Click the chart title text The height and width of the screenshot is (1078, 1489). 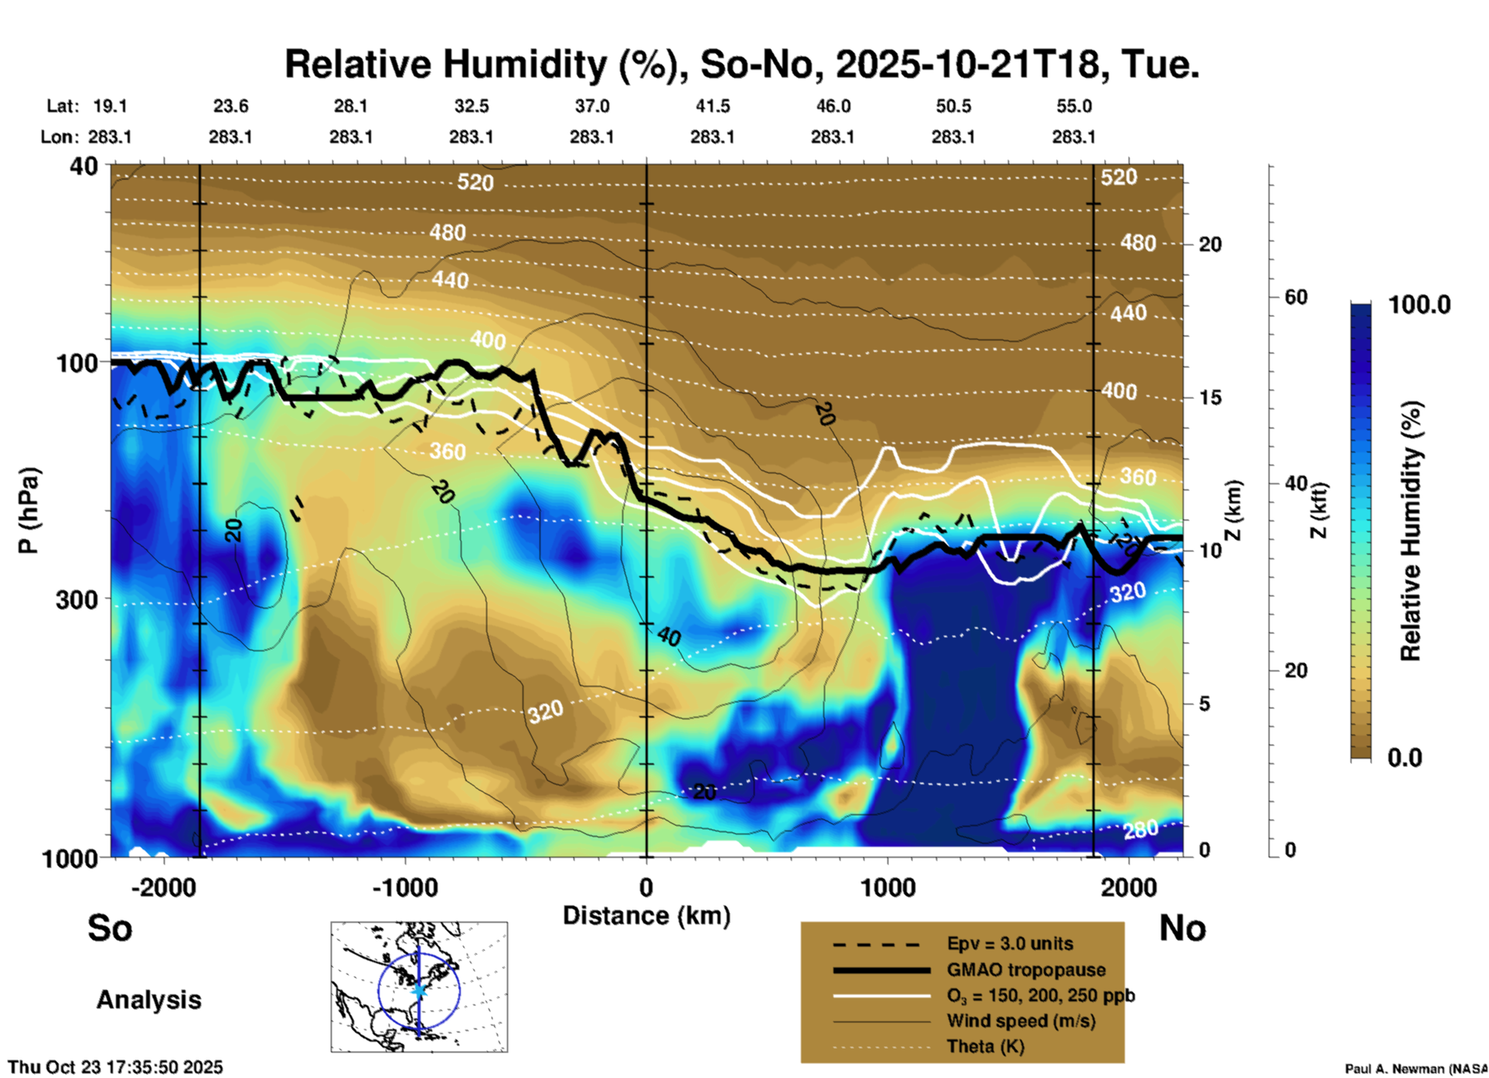tap(741, 63)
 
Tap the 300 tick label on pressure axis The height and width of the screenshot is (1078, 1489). tap(77, 599)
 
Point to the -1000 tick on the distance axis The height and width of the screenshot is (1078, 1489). tap(405, 887)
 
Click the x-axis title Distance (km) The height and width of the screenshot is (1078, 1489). tap(646, 916)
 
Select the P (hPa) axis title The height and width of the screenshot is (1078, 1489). tap(29, 510)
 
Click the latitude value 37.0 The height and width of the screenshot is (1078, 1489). tap(591, 106)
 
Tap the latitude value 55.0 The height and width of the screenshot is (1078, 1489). tap(1074, 106)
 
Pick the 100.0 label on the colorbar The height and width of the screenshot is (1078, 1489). tap(1419, 305)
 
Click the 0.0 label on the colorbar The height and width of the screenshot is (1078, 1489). tap(1405, 757)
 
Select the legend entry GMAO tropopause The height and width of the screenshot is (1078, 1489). tap(1026, 970)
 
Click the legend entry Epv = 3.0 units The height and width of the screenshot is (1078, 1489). tap(1010, 943)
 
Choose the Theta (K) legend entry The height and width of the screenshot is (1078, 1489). tap(985, 1046)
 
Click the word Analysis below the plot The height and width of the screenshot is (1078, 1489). tap(148, 1000)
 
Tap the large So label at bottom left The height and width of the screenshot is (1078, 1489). tap(110, 928)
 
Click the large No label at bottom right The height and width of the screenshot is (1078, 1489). tap(1182, 928)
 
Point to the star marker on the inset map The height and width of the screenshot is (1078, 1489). tap(419, 990)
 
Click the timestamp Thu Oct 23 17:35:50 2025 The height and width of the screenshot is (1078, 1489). tap(115, 1067)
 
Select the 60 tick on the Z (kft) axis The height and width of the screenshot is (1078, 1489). tap(1296, 297)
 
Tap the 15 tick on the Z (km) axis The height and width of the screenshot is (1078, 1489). tap(1210, 397)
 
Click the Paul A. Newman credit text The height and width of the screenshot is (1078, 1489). tap(1416, 1069)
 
